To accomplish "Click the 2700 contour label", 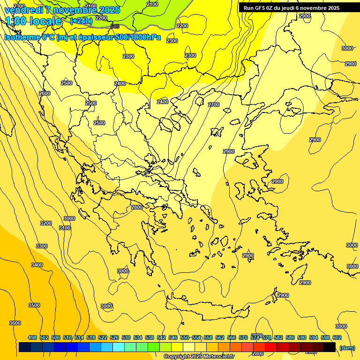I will pyautogui.click(x=213, y=105).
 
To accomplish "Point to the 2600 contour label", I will pyautogui.click(x=44, y=93).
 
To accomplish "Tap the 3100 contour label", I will pyautogui.click(x=65, y=228).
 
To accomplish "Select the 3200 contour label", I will pyautogui.click(x=46, y=223).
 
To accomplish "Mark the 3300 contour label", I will pyautogui.click(x=41, y=246).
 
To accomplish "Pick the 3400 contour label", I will pyautogui.click(x=37, y=265).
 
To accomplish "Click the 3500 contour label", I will pyautogui.click(x=34, y=305).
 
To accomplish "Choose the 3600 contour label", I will pyautogui.click(x=15, y=323).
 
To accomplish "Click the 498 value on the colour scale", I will pyautogui.click(x=32, y=337).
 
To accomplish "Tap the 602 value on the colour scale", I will pyautogui.click(x=337, y=337).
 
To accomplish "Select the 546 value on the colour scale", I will pyautogui.click(x=173, y=337).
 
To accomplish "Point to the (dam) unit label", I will pyautogui.click(x=346, y=348).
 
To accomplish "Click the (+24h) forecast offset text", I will pyautogui.click(x=81, y=21).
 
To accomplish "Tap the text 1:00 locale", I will pyautogui.click(x=34, y=21).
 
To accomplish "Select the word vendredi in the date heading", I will pyautogui.click(x=24, y=9).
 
